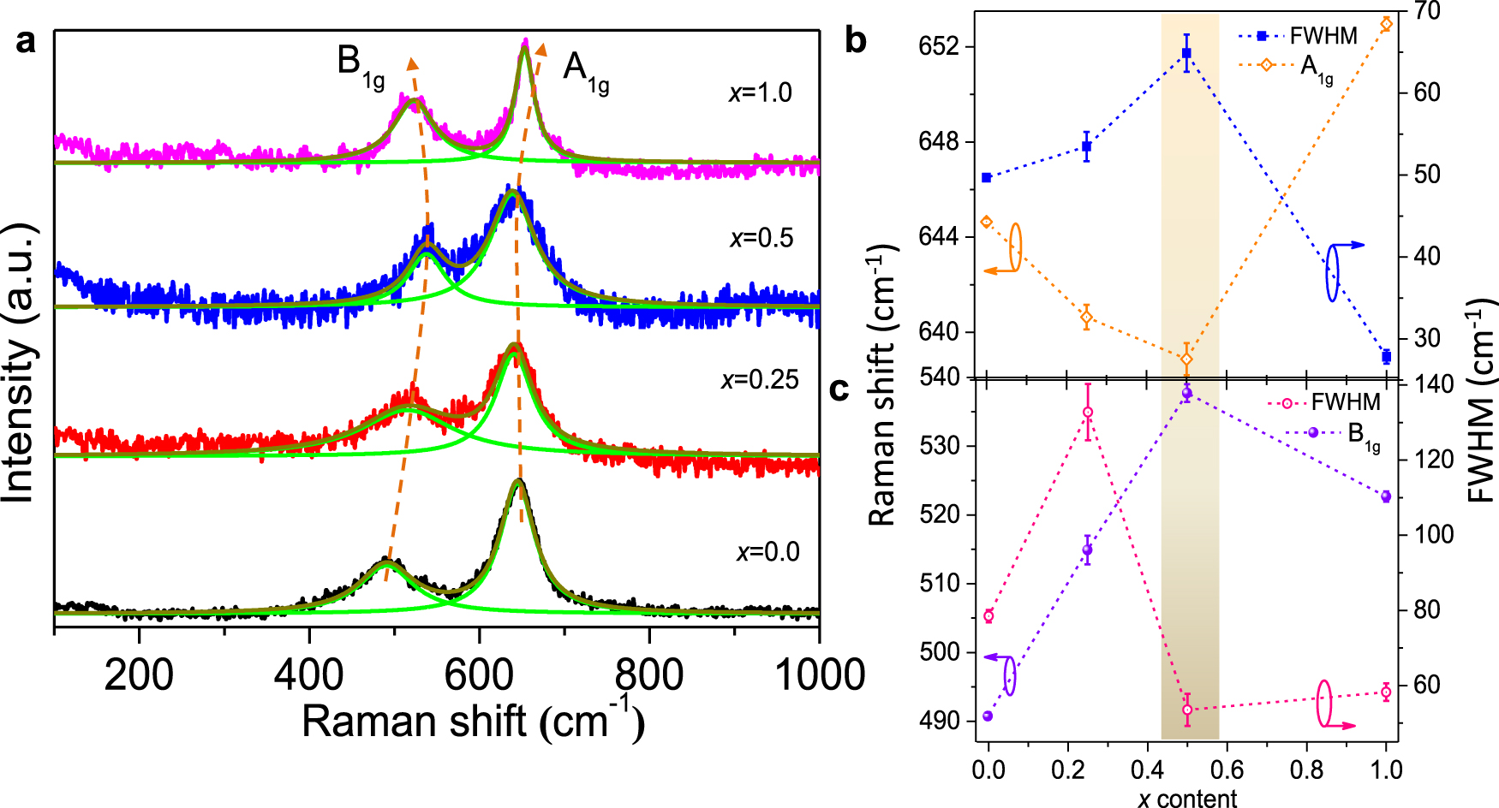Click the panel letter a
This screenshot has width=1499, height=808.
tap(27, 41)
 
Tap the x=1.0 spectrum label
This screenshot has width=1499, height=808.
tap(760, 92)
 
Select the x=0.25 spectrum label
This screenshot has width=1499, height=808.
tap(760, 379)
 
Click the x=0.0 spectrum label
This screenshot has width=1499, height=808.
tap(767, 552)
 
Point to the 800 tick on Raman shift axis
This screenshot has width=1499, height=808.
tap(649, 675)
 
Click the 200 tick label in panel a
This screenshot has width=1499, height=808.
tap(139, 675)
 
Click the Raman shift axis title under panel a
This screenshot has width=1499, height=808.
tap(473, 721)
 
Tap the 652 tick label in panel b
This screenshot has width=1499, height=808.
tap(938, 46)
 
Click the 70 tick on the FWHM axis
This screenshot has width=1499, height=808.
tap(1427, 11)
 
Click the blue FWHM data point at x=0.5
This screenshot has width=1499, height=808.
tap(1186, 53)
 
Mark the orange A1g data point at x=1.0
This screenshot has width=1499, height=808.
tap(1386, 24)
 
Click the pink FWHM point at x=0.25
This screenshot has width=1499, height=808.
tap(1088, 413)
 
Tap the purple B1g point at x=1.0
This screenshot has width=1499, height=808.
tap(1386, 496)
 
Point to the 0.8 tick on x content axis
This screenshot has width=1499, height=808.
tap(1306, 769)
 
